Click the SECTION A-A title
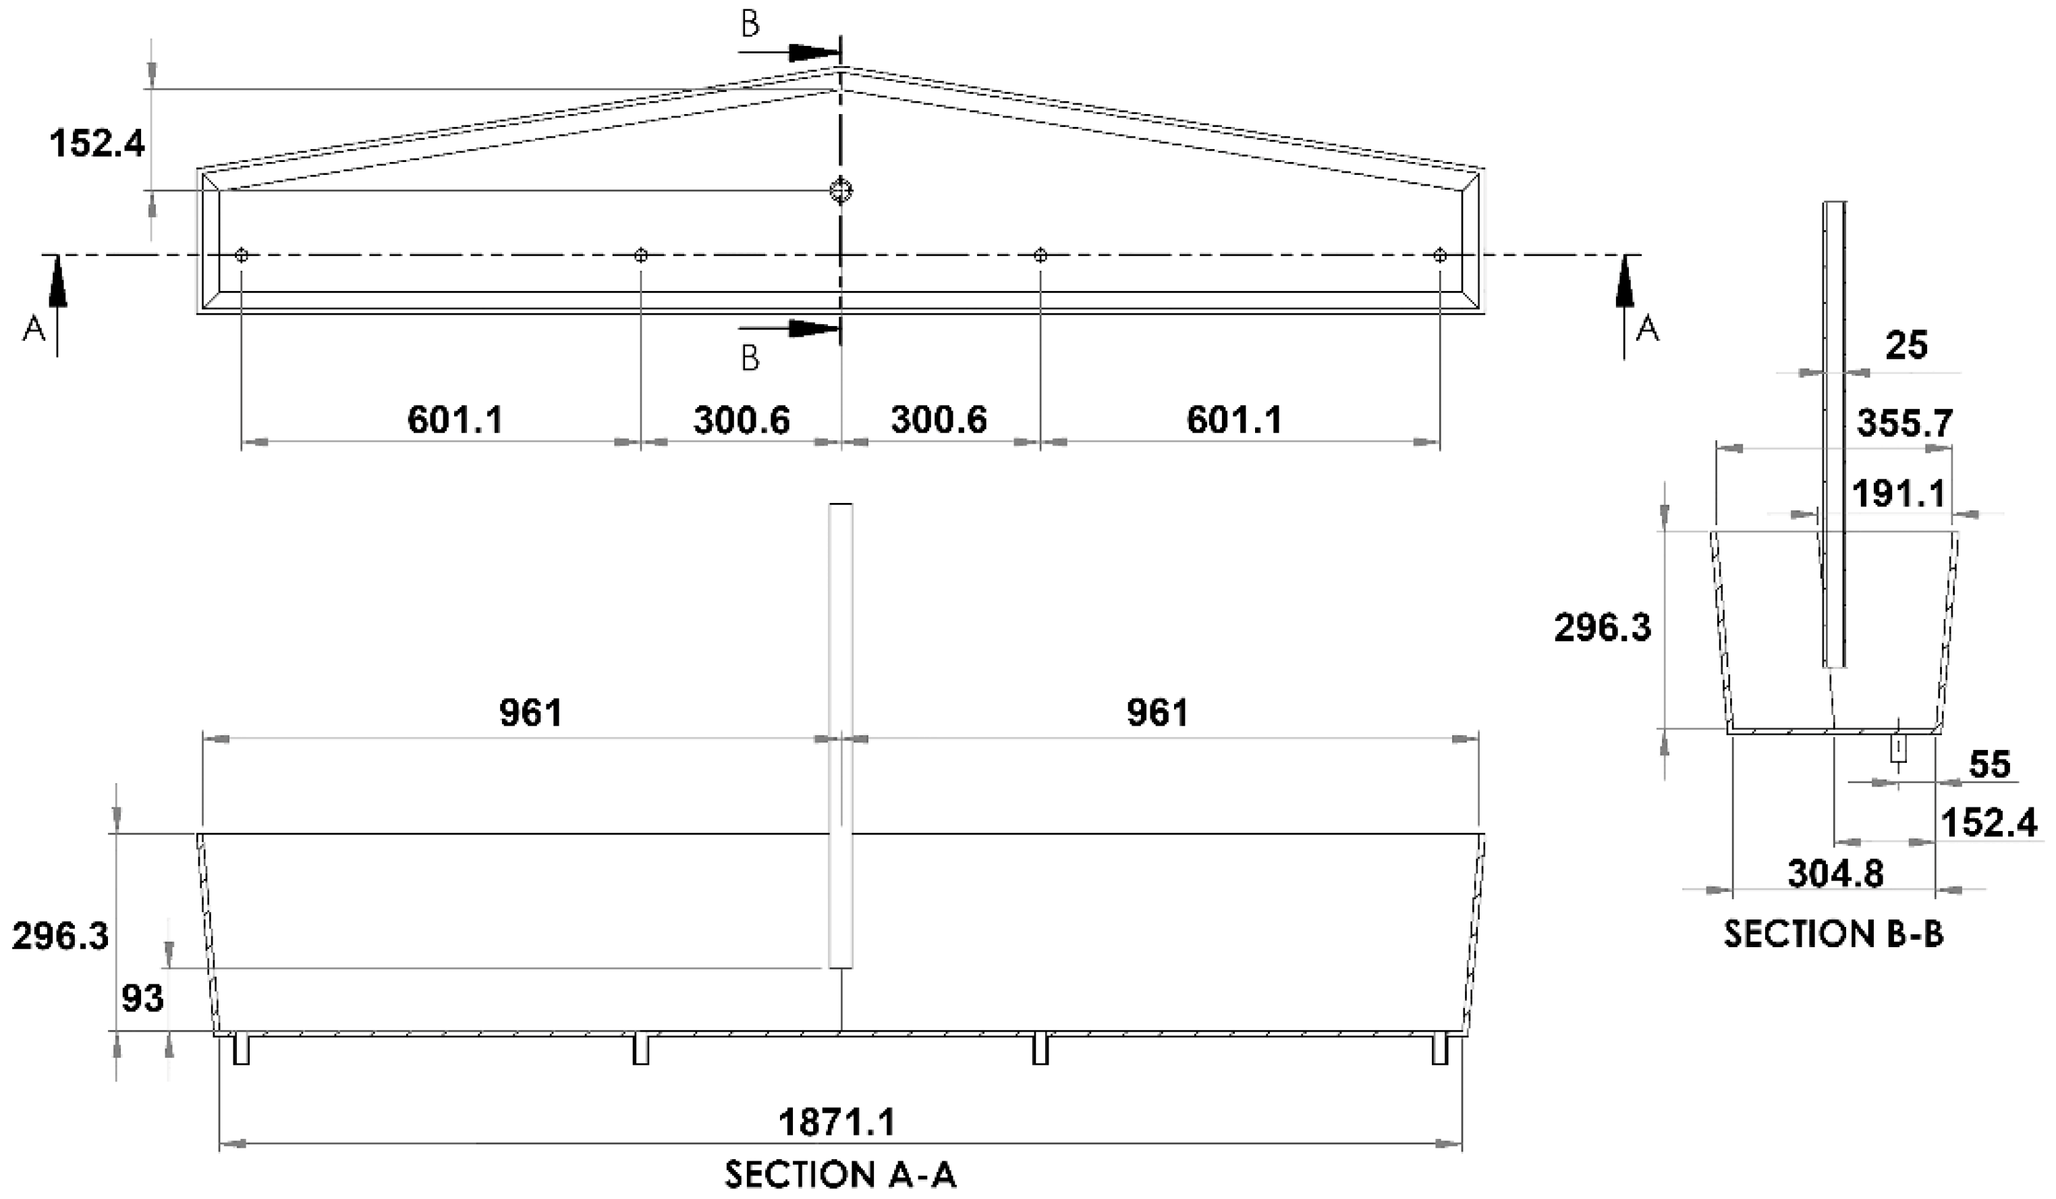(839, 1175)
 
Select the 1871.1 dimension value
(837, 1122)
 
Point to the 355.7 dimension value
(1905, 423)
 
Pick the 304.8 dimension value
(1836, 874)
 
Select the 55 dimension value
(1990, 765)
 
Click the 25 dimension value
(1907, 346)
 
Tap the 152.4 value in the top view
(97, 144)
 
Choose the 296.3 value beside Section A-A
(60, 936)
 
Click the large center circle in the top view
(840, 191)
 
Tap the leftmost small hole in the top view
(242, 255)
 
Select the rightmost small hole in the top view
(1440, 255)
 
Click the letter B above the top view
(750, 25)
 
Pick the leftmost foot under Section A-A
(242, 1050)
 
